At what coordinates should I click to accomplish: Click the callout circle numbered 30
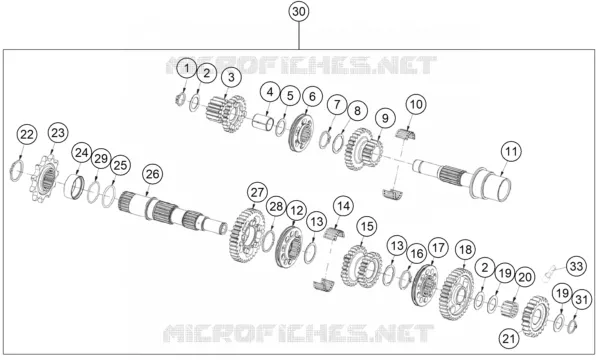coord(299,11)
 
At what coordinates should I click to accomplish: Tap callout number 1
coord(187,68)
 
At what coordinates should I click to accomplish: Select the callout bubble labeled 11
coord(511,151)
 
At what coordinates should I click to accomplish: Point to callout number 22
coord(27,135)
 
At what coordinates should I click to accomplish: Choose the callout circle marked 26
coord(152,174)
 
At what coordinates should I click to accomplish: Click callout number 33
coord(576,266)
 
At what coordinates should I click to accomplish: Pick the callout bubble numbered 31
coord(582,300)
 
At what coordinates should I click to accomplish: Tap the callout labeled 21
coord(509,338)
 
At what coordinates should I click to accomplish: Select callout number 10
coord(416,104)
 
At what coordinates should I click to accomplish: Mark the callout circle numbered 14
coord(343,206)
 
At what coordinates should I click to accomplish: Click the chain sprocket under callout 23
coord(45,178)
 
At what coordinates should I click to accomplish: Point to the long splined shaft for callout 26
coord(172,213)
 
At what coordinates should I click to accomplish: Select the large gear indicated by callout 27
coord(247,236)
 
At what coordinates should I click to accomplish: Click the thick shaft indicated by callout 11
coord(462,178)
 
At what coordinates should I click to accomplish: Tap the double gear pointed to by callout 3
coord(226,113)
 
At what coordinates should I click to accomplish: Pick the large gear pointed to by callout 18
coord(457,293)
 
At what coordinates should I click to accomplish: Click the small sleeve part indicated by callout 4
coord(263,121)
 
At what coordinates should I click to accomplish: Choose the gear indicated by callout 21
coord(536,316)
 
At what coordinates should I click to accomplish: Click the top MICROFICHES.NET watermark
coord(301,65)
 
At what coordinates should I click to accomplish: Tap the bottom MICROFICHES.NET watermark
coord(299,333)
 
